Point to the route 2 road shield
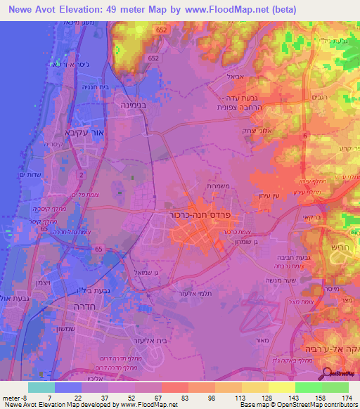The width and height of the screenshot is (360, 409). point(82,174)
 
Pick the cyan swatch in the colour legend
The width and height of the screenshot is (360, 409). point(41,387)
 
